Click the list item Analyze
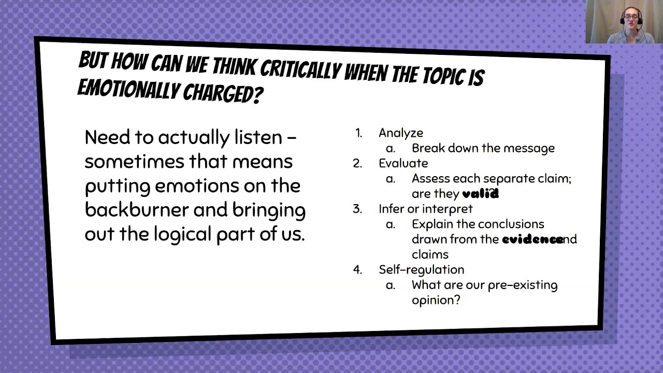[x=400, y=133]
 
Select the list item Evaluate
[x=403, y=163]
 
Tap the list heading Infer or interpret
[x=425, y=209]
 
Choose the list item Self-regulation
[x=421, y=269]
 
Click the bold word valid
[x=480, y=194]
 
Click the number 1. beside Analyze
[x=358, y=133]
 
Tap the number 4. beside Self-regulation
[x=357, y=269]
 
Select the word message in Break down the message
[x=528, y=148]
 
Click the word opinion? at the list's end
[x=436, y=300]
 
